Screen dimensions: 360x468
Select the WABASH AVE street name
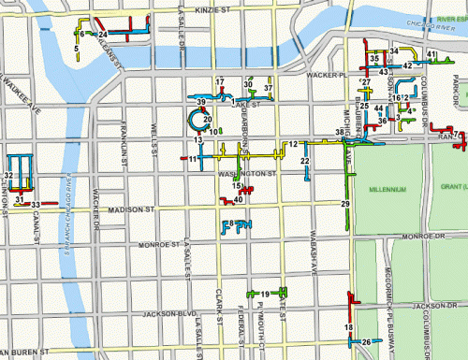point(314,248)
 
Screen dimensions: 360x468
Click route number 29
point(345,204)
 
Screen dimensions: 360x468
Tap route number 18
point(348,327)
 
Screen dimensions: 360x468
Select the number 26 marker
point(366,342)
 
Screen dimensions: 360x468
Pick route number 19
point(265,295)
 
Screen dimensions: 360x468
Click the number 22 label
point(304,162)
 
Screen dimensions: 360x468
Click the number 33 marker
point(35,204)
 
